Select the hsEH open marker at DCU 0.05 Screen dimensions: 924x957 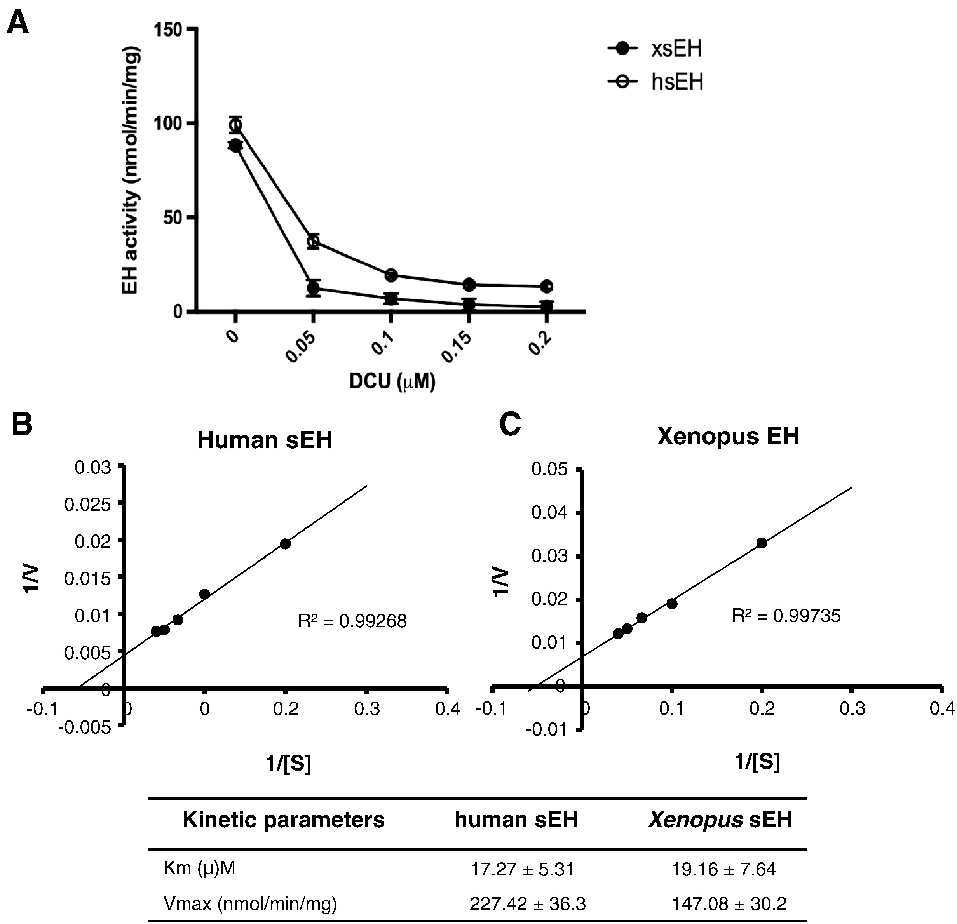point(314,241)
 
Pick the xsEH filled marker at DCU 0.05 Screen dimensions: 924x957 point(314,287)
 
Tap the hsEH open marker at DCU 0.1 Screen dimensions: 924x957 point(390,275)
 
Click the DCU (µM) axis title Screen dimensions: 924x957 point(392,381)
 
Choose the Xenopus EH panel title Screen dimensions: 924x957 point(728,436)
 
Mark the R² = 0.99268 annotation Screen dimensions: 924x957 point(352,621)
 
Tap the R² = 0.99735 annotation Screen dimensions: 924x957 point(786,616)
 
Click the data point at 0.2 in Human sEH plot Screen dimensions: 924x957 point(286,544)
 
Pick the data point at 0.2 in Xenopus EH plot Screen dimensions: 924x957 point(762,543)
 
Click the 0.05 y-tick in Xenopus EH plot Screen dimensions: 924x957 point(550,470)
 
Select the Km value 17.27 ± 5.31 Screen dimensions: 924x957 point(522,869)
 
